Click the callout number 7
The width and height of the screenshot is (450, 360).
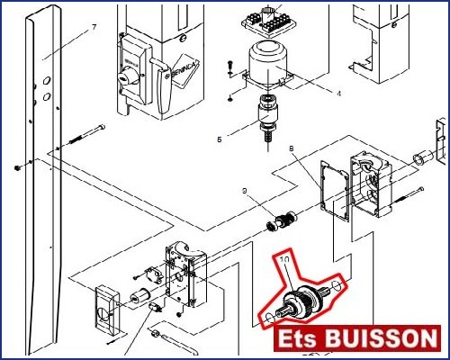[94, 27]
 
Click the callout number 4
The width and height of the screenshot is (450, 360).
[338, 94]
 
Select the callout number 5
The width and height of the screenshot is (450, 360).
[220, 139]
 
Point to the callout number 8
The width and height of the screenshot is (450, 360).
[292, 148]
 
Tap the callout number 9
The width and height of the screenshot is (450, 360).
[245, 191]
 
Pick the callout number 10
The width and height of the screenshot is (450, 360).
[284, 259]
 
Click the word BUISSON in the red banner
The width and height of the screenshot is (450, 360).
[381, 338]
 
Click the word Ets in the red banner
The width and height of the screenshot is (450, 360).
[297, 338]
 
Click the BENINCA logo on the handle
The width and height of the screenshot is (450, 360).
[182, 69]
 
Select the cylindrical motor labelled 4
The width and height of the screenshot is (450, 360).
[267, 65]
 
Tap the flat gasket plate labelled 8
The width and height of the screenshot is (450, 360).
[335, 191]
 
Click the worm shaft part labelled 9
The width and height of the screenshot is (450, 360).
[282, 221]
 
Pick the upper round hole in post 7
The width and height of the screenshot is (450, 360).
[47, 80]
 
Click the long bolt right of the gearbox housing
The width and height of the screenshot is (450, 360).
[406, 198]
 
